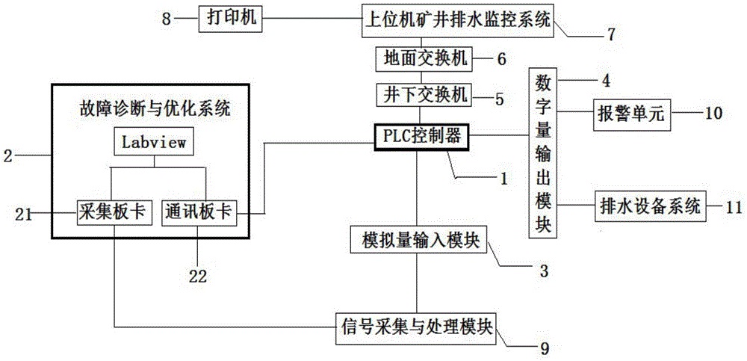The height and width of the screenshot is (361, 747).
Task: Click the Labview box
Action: coord(155,141)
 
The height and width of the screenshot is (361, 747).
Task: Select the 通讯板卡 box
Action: coord(197,212)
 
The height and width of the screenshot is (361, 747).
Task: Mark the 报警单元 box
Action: coord(630,114)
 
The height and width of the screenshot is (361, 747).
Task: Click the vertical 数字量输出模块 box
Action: coord(543,153)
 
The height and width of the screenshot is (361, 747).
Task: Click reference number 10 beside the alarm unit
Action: coord(714,114)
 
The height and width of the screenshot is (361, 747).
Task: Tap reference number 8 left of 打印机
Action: coord(166,18)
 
